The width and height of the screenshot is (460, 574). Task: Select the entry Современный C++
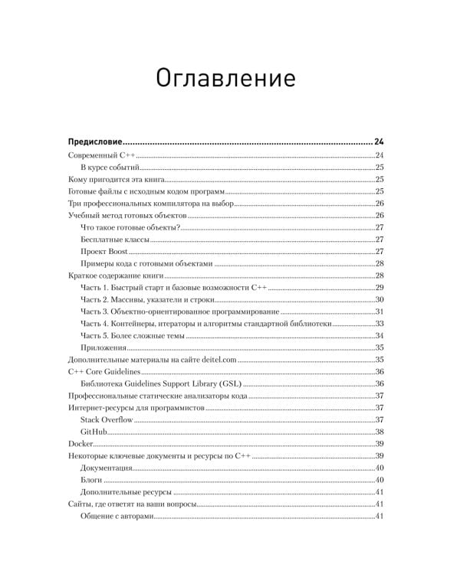pyautogui.click(x=102, y=155)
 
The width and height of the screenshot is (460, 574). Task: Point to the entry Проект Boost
pyautogui.click(x=103, y=251)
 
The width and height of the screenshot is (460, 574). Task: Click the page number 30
pyautogui.click(x=379, y=299)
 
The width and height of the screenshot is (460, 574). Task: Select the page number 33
pyautogui.click(x=379, y=323)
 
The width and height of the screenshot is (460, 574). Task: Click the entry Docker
pyautogui.click(x=80, y=444)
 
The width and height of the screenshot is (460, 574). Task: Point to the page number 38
pyautogui.click(x=379, y=432)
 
